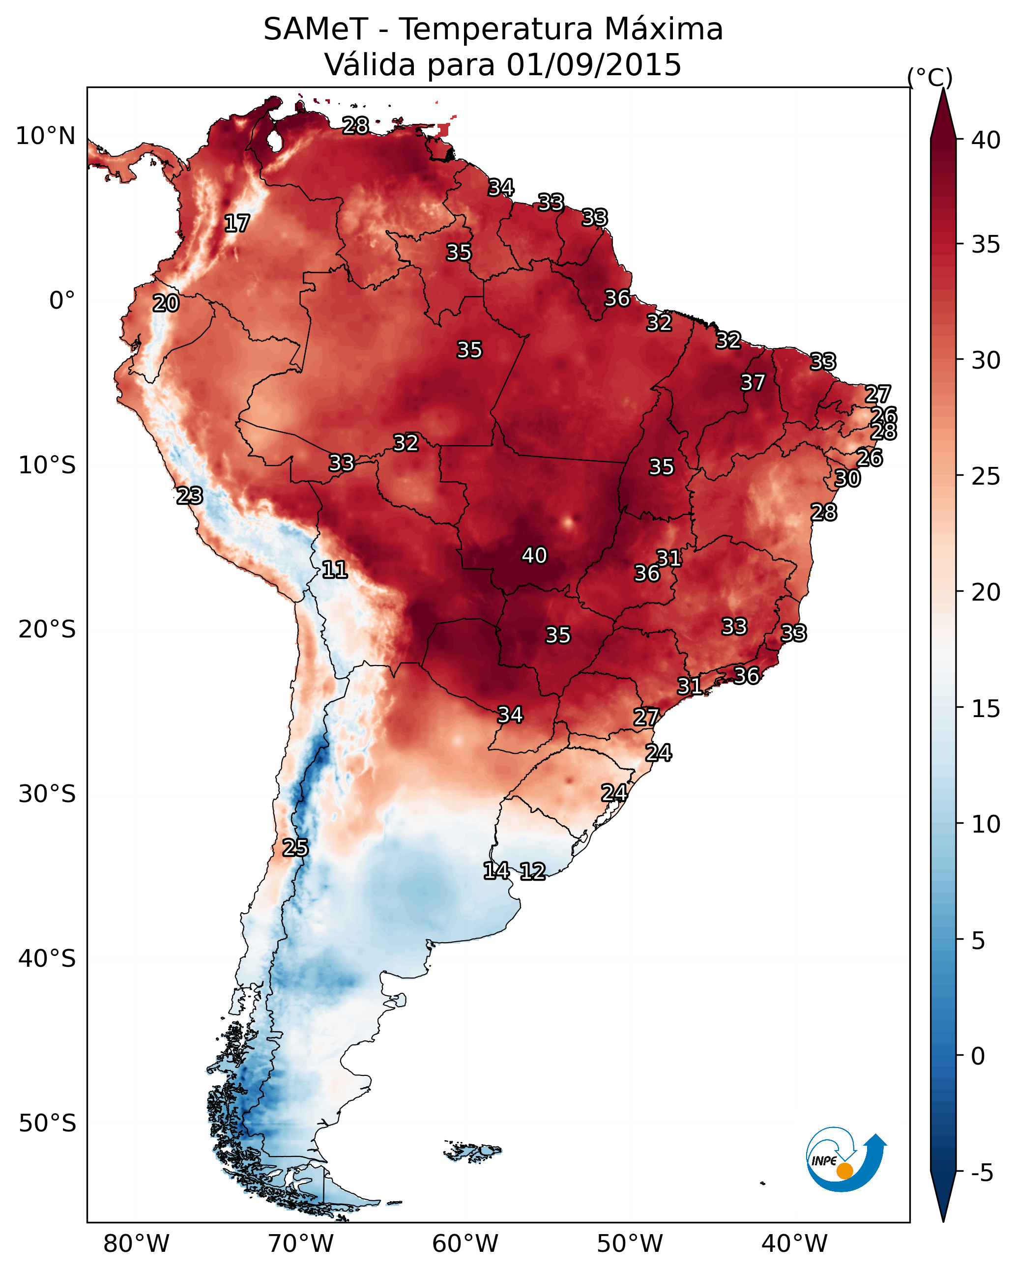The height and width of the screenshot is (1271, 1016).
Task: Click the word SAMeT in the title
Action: pyautogui.click(x=316, y=29)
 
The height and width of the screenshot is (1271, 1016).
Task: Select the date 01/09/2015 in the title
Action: pyautogui.click(x=593, y=65)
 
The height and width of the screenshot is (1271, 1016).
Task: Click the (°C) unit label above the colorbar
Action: pyautogui.click(x=929, y=77)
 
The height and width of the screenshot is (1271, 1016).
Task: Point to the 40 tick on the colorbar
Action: pyautogui.click(x=986, y=140)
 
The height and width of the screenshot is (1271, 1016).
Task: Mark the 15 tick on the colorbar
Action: pyautogui.click(x=986, y=709)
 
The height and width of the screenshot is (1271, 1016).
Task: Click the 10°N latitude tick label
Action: pyautogui.click(x=45, y=136)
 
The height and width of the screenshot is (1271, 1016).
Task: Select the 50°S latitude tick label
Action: pyautogui.click(x=47, y=1123)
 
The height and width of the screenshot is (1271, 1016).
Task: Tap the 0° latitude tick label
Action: pyautogui.click(x=62, y=301)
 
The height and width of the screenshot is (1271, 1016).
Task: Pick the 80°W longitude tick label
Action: pyautogui.click(x=136, y=1243)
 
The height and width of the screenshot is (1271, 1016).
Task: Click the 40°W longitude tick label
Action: pyautogui.click(x=794, y=1243)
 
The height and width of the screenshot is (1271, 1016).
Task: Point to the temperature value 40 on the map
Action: pyautogui.click(x=534, y=555)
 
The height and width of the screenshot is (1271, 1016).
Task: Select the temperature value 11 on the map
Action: pyautogui.click(x=334, y=570)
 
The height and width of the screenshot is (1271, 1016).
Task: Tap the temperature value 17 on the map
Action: pyautogui.click(x=237, y=224)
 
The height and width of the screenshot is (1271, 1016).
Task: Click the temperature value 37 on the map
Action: pyautogui.click(x=753, y=382)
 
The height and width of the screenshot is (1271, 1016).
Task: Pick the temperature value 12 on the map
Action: pyautogui.click(x=532, y=871)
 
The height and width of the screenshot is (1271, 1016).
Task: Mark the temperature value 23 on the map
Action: pyautogui.click(x=190, y=496)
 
